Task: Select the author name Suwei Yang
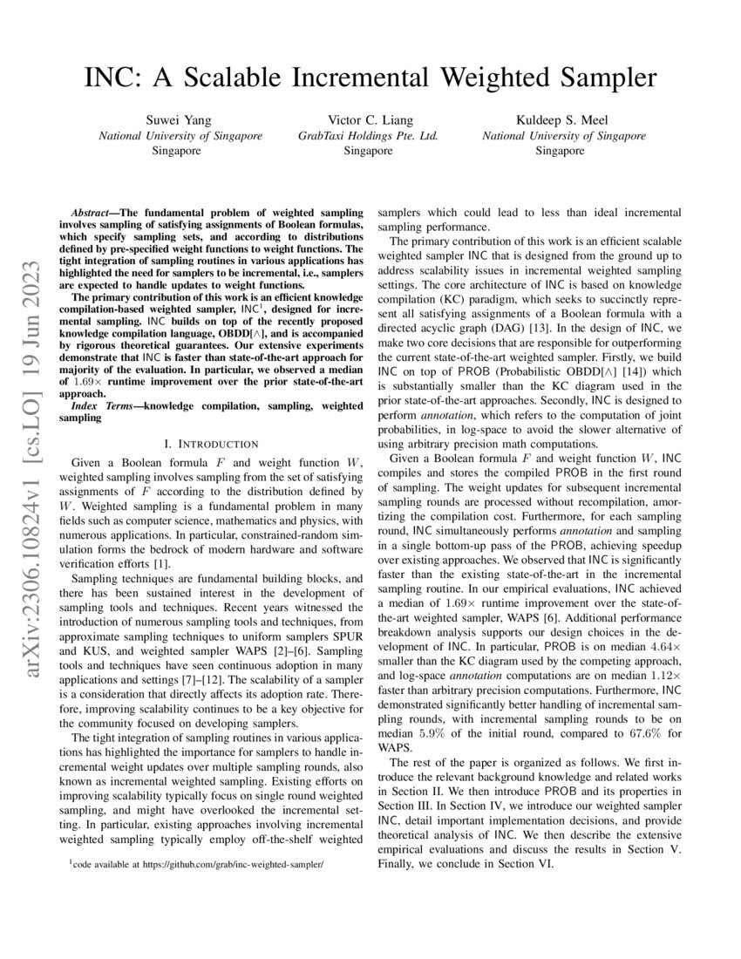point(177,120)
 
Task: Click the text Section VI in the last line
point(534,863)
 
